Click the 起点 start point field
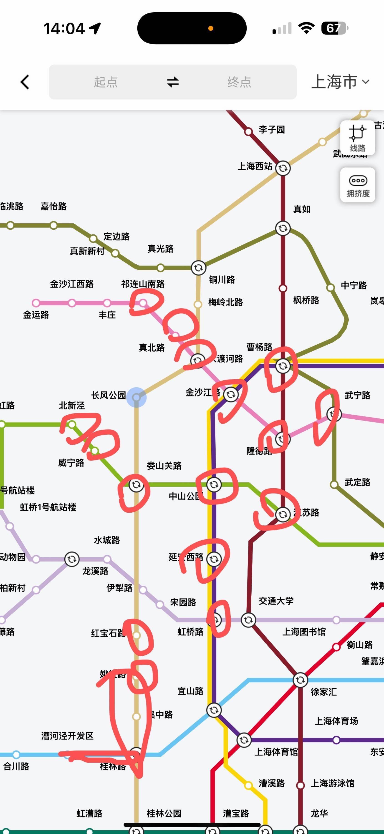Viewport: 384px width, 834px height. [106, 82]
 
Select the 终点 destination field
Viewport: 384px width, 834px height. [239, 82]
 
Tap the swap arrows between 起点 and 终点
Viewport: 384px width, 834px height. [173, 82]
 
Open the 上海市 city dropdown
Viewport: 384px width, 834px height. [340, 82]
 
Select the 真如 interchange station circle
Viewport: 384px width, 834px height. [283, 228]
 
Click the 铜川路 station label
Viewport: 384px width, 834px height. [222, 280]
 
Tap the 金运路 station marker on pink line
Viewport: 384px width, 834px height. [36, 303]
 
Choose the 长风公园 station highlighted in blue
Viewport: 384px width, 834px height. [136, 397]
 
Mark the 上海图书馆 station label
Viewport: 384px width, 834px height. [304, 631]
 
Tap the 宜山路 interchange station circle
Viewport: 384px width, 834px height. [214, 710]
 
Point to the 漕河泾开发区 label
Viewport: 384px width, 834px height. [67, 736]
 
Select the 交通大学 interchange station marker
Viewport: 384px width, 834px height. [248, 620]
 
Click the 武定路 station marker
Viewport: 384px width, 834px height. [334, 485]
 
